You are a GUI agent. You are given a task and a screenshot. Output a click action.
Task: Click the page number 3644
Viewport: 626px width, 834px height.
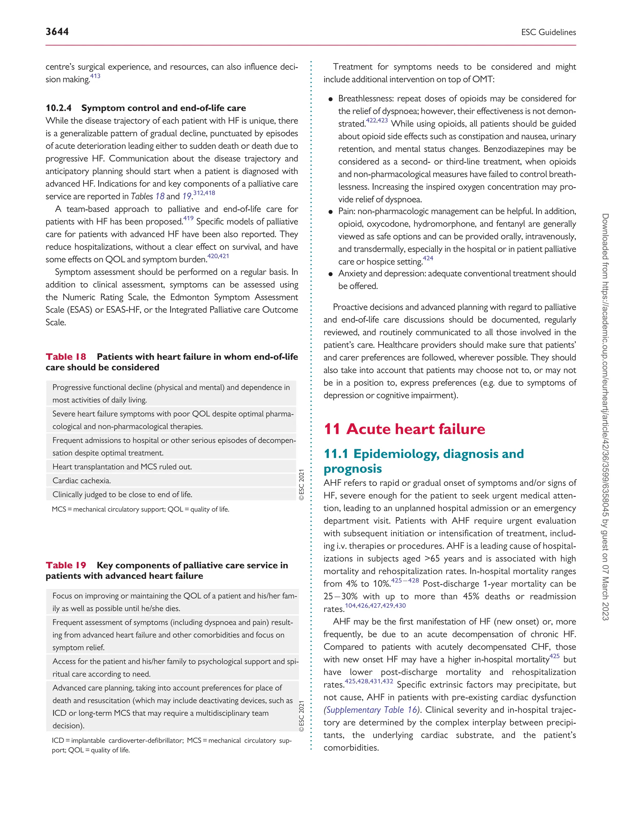(x=57, y=32)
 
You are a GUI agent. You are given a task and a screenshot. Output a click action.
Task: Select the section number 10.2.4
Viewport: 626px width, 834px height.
(x=58, y=108)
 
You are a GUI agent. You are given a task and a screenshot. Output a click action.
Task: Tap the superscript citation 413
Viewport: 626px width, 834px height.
(x=95, y=76)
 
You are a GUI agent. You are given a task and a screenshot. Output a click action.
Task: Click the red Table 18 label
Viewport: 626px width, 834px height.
(x=66, y=357)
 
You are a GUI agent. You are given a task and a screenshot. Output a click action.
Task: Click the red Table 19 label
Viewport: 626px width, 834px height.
(x=66, y=565)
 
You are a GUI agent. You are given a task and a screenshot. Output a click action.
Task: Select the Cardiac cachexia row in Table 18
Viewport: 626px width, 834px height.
(x=82, y=481)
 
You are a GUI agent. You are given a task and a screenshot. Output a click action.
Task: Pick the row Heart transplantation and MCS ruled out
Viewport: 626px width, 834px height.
(x=122, y=467)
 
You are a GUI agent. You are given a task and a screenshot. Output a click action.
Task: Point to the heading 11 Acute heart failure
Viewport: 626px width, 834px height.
(x=404, y=429)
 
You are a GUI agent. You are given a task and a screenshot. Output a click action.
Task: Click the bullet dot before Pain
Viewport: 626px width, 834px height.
(x=330, y=212)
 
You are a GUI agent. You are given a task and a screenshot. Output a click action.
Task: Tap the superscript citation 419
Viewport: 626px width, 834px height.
(x=188, y=218)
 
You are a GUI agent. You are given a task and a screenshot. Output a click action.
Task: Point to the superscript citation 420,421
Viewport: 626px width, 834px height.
(x=218, y=256)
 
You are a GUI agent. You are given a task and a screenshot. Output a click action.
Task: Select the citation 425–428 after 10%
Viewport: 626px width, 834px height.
(x=405, y=581)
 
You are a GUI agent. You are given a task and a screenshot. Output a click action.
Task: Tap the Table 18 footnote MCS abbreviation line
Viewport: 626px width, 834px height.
(x=140, y=509)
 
